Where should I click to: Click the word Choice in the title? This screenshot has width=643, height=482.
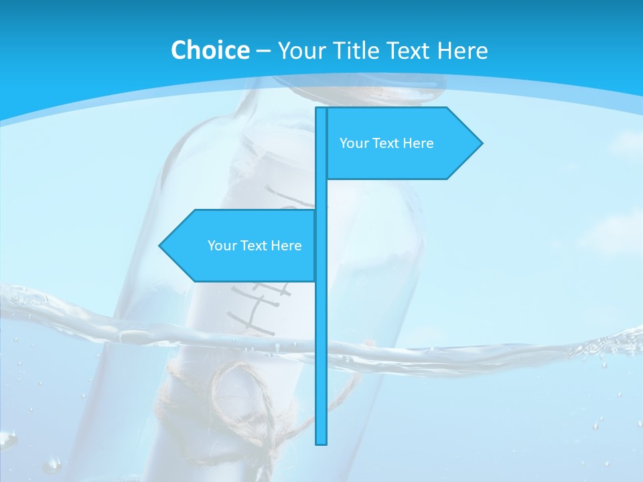point(210,50)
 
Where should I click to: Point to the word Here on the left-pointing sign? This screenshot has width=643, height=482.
point(286,246)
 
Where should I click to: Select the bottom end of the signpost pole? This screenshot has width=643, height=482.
point(321,442)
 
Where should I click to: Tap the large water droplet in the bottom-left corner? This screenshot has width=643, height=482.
point(8,440)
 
